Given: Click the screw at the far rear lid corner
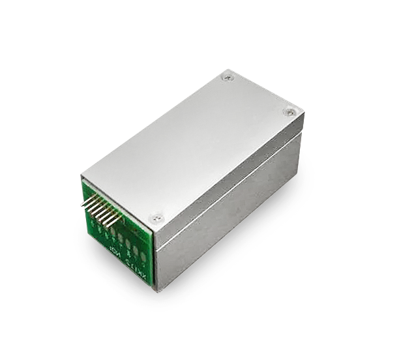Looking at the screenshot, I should tap(226, 77).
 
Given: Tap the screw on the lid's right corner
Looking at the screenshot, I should tap(289, 112).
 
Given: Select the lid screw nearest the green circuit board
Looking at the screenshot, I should tap(156, 218).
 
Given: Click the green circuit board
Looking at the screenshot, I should tap(124, 235).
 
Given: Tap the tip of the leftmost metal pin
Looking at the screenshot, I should tap(82, 203).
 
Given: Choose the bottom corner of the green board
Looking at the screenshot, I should tap(155, 288).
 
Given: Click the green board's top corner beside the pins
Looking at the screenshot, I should tap(84, 178).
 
